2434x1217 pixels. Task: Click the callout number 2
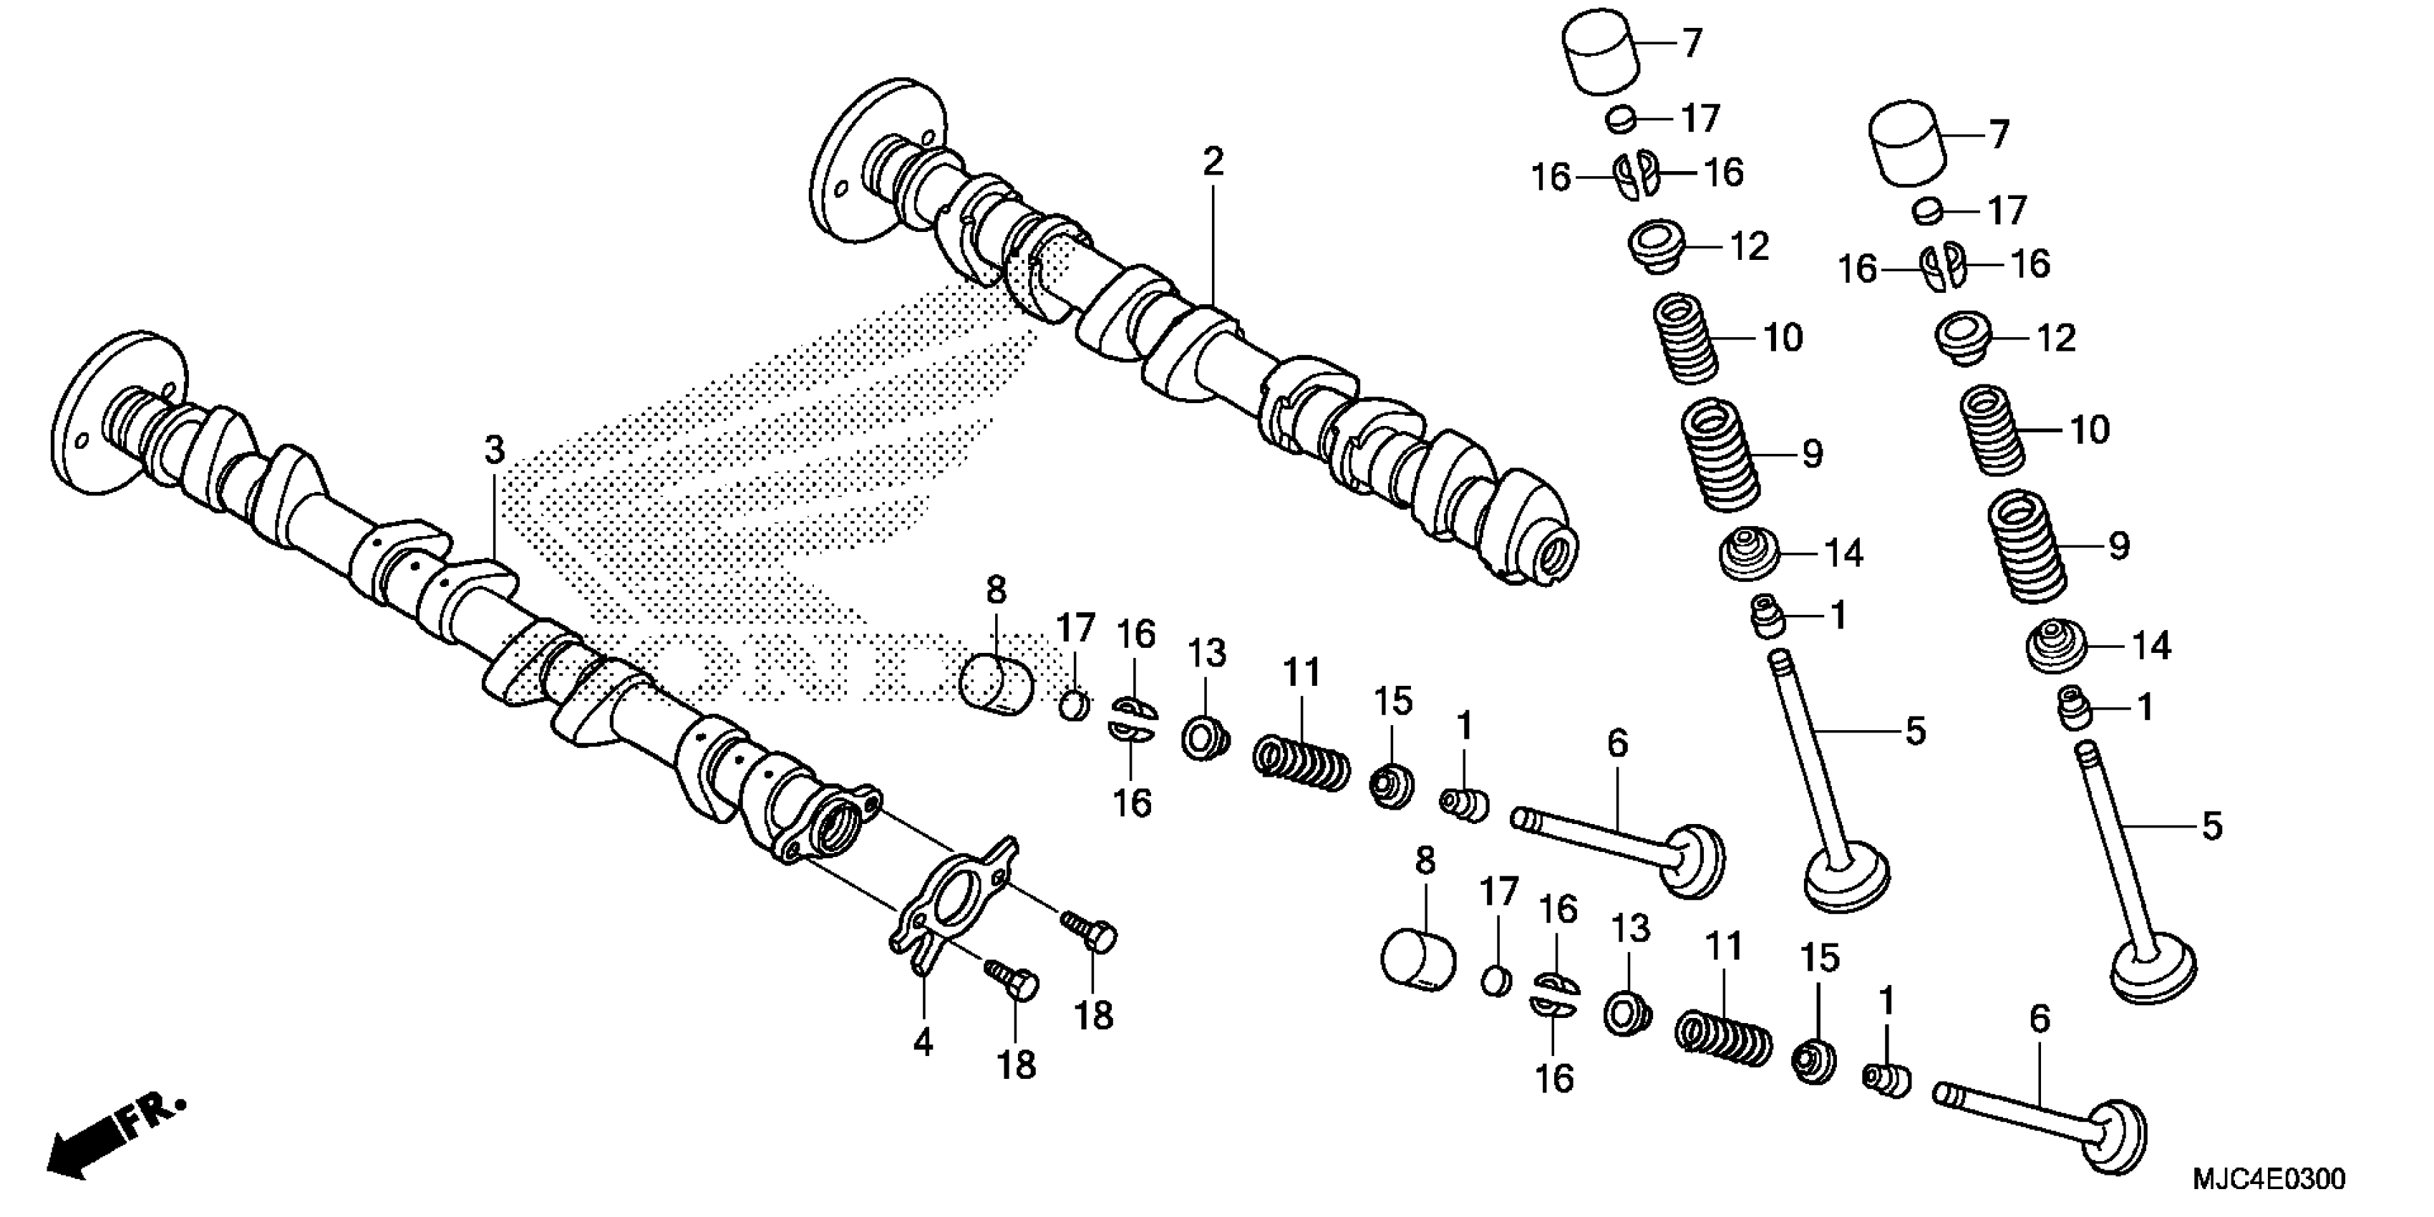pyautogui.click(x=1213, y=163)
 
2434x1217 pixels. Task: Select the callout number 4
pyautogui.click(x=923, y=1042)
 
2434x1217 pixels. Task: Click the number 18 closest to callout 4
pyautogui.click(x=1017, y=1065)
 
